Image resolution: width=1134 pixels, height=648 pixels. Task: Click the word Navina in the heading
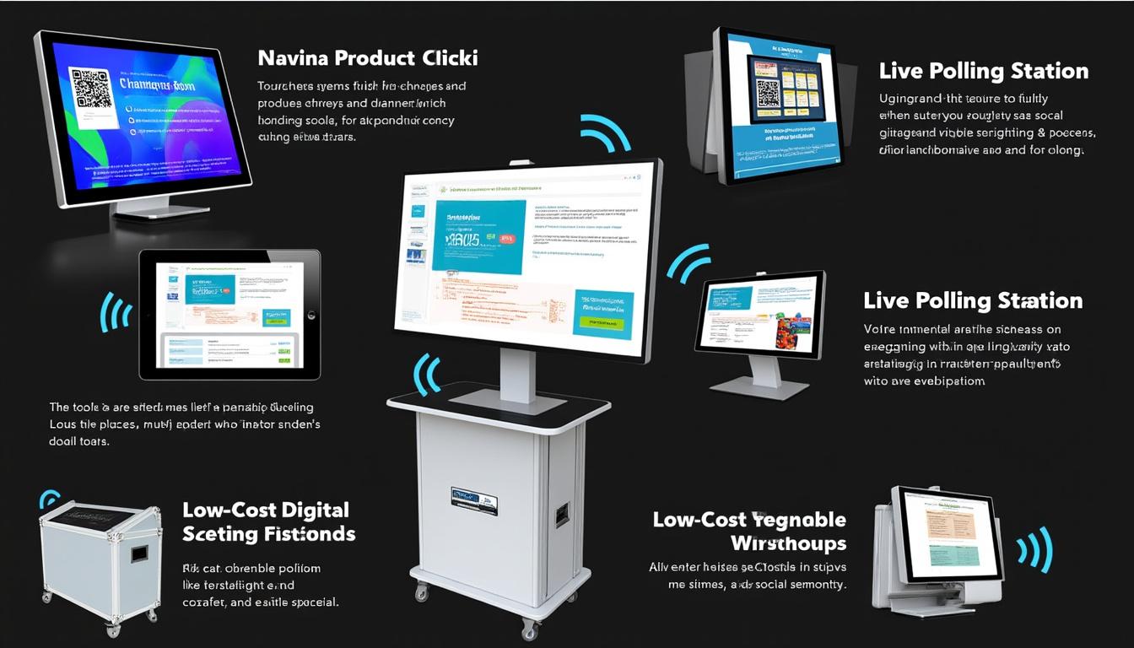[292, 58]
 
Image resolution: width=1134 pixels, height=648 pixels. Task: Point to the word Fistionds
[309, 534]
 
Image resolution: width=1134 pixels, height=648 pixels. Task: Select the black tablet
[229, 314]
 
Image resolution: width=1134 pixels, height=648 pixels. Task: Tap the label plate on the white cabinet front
[474, 500]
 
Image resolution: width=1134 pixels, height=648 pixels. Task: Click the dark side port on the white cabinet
[562, 514]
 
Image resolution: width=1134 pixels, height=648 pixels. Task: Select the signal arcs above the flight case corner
[51, 499]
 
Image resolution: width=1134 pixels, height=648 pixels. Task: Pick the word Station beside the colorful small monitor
[1039, 301]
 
